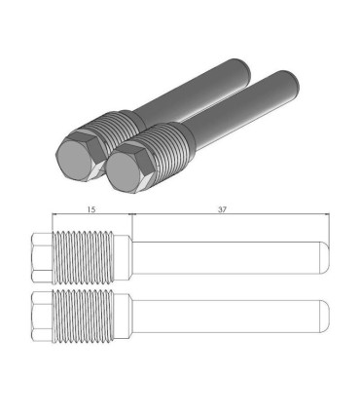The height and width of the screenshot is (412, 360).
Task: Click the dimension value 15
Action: tap(90, 208)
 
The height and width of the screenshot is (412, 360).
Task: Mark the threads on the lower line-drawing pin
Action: tap(90, 316)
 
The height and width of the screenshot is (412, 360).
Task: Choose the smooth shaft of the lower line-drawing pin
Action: tap(224, 316)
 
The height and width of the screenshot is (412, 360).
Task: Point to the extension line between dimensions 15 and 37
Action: tap(129, 222)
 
